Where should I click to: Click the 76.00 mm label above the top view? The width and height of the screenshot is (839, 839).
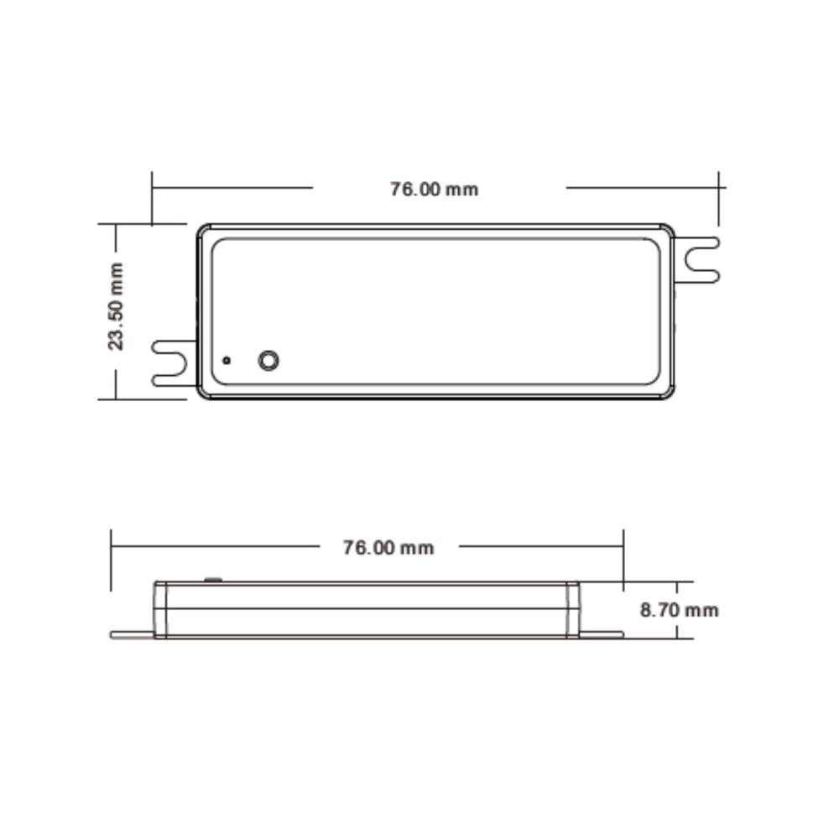(x=434, y=190)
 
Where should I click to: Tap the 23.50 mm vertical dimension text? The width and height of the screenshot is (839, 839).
(x=116, y=306)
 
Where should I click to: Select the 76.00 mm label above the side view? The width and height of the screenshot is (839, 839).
(x=388, y=548)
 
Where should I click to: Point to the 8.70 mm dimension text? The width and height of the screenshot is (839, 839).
(x=679, y=610)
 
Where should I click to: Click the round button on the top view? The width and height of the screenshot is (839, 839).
(x=268, y=361)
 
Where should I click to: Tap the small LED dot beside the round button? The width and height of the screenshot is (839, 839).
(x=227, y=361)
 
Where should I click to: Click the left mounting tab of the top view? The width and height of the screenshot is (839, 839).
(x=175, y=363)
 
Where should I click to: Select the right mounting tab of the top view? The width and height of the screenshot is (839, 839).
(x=696, y=260)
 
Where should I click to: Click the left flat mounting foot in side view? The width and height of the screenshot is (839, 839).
(x=133, y=635)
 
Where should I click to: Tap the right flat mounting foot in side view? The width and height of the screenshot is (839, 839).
(x=601, y=635)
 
